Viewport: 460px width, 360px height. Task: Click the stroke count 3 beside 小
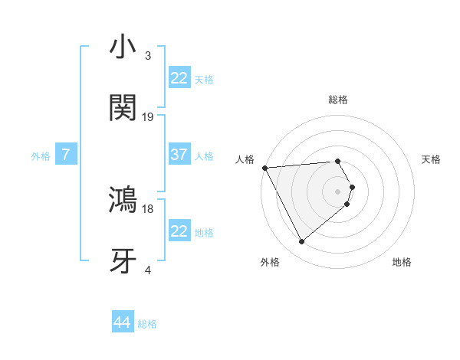(148, 56)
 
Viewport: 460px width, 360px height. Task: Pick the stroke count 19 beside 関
(148, 117)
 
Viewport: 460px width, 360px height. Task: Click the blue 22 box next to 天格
(179, 78)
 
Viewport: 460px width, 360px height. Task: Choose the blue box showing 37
(179, 155)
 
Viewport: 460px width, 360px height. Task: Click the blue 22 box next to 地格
(179, 231)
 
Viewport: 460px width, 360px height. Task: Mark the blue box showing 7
(66, 155)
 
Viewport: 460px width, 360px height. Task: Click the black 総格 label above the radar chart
(338, 100)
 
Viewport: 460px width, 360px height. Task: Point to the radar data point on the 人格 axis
(264, 167)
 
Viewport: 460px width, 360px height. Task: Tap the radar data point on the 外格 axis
(301, 242)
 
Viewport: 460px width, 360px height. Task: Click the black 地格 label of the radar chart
(402, 262)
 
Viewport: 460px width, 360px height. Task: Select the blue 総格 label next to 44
(147, 324)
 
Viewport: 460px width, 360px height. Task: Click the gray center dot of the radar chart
(338, 190)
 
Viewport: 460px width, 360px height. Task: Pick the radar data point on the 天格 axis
(352, 186)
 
